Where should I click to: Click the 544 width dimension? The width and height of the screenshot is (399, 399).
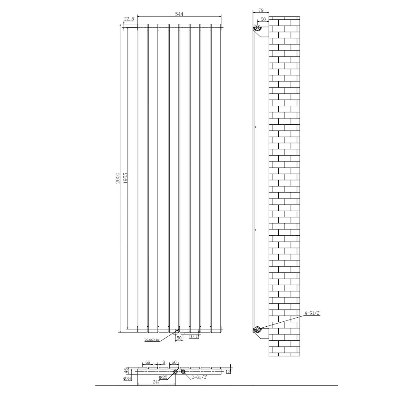tap(179, 14)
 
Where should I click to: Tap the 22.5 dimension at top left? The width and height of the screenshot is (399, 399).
tap(129, 19)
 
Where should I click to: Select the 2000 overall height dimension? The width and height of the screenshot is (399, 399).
tap(118, 178)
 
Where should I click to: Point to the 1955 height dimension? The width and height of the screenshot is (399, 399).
tap(126, 178)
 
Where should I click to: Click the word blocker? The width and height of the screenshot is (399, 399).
tap(152, 339)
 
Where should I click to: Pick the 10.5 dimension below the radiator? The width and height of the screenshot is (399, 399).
tap(194, 337)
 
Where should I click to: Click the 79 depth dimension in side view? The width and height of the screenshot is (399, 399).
tap(261, 10)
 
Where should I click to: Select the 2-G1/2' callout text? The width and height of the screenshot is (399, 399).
tap(199, 383)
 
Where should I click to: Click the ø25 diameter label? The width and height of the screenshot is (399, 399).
tap(163, 383)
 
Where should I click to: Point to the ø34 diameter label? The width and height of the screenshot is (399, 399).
tap(127, 384)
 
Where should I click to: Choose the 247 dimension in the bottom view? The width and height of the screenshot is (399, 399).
tap(156, 387)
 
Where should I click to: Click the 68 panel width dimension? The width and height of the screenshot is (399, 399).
tap(148, 368)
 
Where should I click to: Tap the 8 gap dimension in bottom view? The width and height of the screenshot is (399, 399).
tap(164, 368)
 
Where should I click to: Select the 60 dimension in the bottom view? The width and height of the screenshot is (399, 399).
tap(174, 368)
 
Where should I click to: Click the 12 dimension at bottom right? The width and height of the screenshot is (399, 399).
tap(228, 377)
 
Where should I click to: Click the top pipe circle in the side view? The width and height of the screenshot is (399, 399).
tap(257, 27)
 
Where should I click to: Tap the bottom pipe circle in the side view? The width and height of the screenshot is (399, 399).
tap(257, 329)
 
